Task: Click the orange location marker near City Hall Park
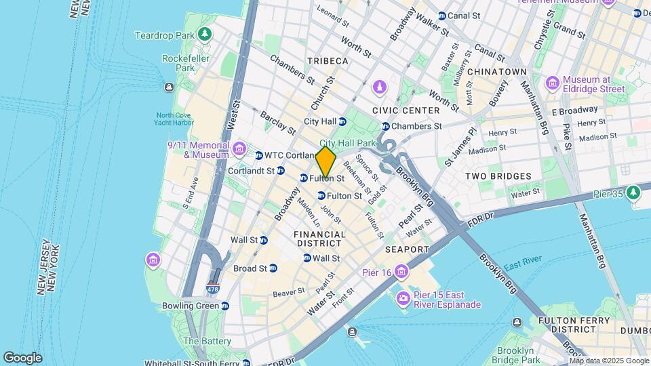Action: tap(325, 163)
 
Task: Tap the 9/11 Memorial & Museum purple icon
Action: tap(239, 148)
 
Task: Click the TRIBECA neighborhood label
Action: tap(327, 61)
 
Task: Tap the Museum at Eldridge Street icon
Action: tap(553, 83)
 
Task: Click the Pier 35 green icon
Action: tap(633, 194)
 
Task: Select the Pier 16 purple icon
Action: tap(403, 272)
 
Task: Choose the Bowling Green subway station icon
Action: tap(224, 306)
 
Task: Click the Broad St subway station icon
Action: tap(273, 268)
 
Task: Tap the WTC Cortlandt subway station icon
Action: tap(259, 156)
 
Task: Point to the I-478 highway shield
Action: tap(214, 288)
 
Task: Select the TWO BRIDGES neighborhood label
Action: tap(498, 176)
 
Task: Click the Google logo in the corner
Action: tap(22, 357)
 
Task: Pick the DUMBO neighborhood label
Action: tap(636, 330)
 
